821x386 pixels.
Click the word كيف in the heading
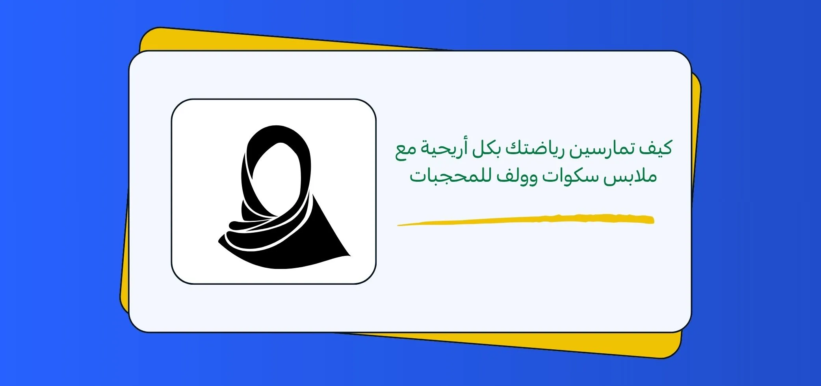pyautogui.click(x=656, y=149)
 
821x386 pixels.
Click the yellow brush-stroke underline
pyautogui.click(x=526, y=220)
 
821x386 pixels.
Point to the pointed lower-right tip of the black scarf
pyautogui.click(x=350, y=255)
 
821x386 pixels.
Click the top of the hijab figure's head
pyautogui.click(x=277, y=126)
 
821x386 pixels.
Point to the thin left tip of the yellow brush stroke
pyautogui.click(x=398, y=226)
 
